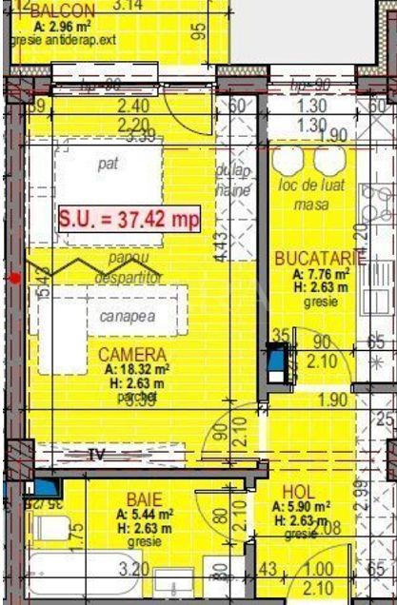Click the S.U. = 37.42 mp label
[x=129, y=219]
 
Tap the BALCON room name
[x=63, y=10]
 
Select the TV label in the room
[x=95, y=454]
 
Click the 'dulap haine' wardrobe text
[x=234, y=181]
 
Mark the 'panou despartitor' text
[x=129, y=267]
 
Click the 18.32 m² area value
[x=137, y=369]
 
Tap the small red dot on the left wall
[x=14, y=278]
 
